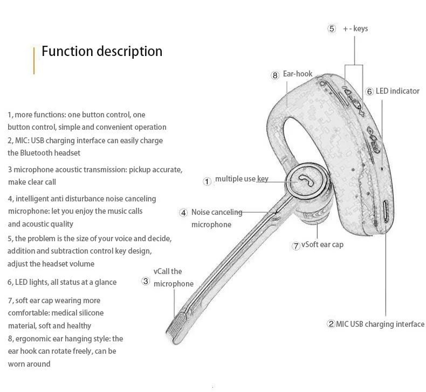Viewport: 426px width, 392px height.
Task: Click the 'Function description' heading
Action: (x=102, y=52)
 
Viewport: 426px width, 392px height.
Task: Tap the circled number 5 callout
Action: (x=332, y=29)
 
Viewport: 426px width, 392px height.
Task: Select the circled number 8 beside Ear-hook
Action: (x=275, y=75)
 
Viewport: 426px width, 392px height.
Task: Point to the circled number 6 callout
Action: (x=369, y=92)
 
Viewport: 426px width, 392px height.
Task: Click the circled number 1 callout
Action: (x=207, y=181)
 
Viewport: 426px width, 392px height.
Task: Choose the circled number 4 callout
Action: (x=183, y=213)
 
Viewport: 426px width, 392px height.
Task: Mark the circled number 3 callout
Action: (x=146, y=281)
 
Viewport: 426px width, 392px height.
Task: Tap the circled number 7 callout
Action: (x=296, y=246)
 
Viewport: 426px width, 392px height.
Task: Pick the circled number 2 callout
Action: (x=331, y=324)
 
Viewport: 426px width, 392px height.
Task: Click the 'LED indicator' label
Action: (x=397, y=91)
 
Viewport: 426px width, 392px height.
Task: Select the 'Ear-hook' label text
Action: (x=298, y=74)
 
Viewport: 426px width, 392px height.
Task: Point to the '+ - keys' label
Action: (x=355, y=29)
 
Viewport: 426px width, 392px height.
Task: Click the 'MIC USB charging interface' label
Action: (x=380, y=324)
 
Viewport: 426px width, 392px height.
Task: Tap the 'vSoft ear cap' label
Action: (x=322, y=244)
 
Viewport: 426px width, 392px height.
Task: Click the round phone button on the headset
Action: (x=305, y=181)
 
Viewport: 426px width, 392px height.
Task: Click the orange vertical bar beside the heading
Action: (x=34, y=60)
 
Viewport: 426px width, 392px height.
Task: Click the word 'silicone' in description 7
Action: (x=91, y=313)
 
